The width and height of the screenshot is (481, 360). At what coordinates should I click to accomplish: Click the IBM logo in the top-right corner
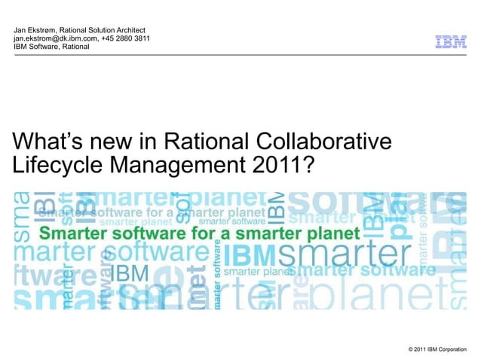[450, 42]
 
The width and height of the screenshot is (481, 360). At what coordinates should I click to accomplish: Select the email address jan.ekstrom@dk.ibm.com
[55, 38]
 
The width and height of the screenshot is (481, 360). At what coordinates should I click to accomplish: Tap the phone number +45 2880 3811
[126, 38]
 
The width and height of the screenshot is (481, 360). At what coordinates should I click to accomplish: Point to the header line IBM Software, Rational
[51, 47]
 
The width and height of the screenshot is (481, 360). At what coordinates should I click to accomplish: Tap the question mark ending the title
[305, 163]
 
